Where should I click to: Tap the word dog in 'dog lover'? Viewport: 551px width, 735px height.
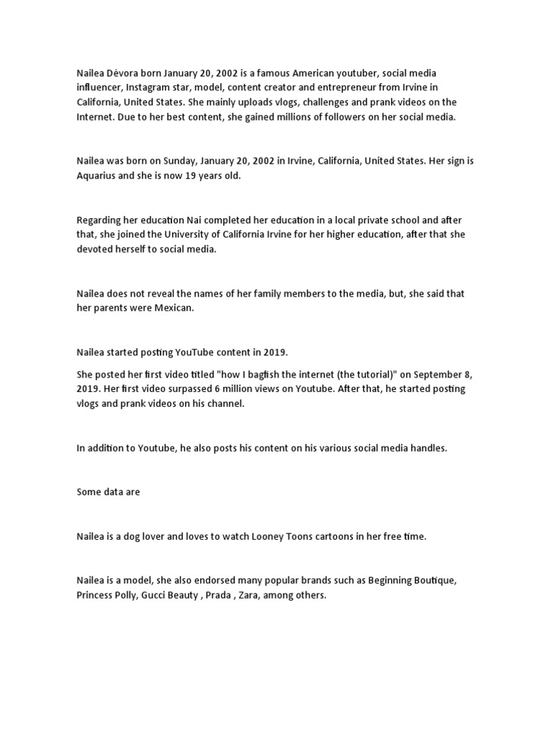(129, 537)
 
